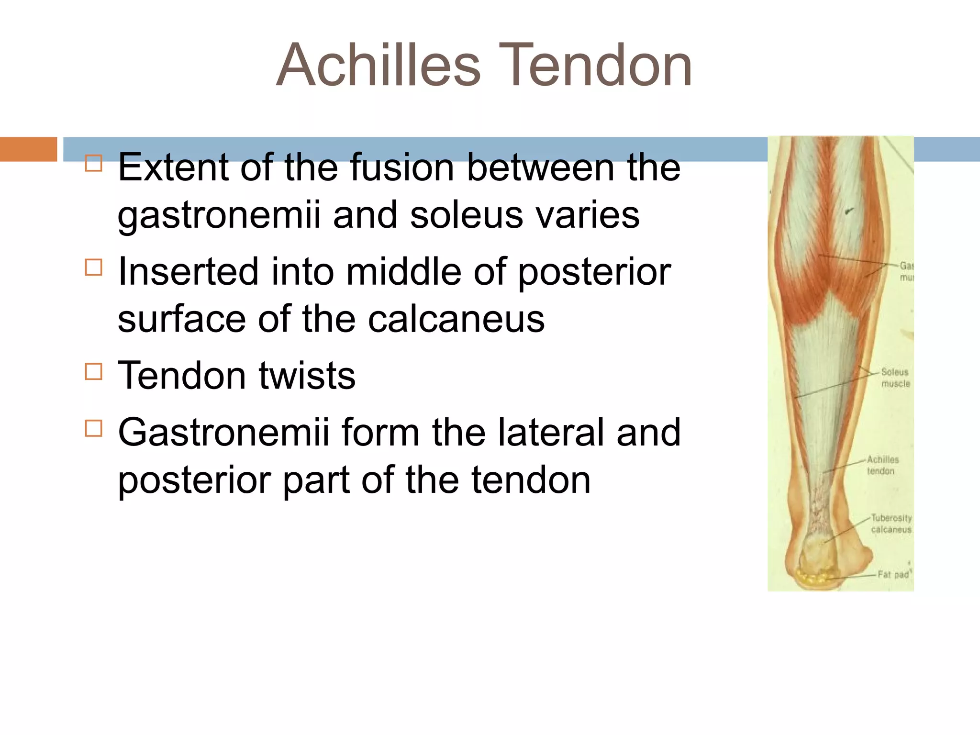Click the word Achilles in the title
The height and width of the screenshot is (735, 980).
click(x=378, y=66)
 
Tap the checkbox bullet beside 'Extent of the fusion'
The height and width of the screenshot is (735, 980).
click(x=94, y=163)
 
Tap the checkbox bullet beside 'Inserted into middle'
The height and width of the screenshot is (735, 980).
click(x=94, y=267)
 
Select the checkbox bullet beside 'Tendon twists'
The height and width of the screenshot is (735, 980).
click(x=94, y=371)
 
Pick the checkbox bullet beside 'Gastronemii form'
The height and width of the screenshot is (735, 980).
click(x=94, y=428)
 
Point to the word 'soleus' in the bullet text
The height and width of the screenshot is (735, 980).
click(x=467, y=215)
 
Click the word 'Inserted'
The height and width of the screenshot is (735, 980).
click(x=189, y=271)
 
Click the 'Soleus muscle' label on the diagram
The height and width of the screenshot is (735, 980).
click(x=895, y=378)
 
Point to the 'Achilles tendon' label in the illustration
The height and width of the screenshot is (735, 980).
click(x=882, y=465)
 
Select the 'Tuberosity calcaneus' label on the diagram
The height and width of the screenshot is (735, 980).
click(x=891, y=523)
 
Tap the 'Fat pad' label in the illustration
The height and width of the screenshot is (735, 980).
click(x=893, y=574)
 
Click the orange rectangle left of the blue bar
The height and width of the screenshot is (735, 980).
click(x=28, y=149)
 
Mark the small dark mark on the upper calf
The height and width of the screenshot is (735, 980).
click(x=849, y=210)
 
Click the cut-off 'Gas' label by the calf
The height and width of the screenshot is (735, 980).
click(x=906, y=271)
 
